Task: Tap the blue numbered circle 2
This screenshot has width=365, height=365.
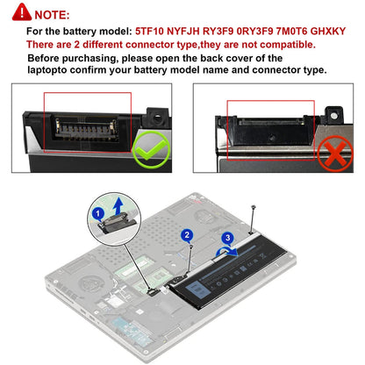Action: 186,235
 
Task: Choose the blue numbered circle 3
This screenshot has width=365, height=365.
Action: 228,237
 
